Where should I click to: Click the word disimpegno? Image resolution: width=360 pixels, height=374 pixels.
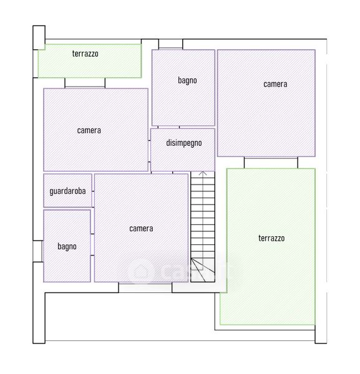(x=184, y=143)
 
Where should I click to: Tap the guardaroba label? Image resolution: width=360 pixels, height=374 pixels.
(x=67, y=191)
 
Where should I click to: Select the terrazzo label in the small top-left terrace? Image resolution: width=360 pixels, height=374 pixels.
(x=85, y=54)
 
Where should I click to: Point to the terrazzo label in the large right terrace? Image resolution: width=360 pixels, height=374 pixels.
(x=271, y=238)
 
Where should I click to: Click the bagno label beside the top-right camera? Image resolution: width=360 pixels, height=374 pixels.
(x=187, y=80)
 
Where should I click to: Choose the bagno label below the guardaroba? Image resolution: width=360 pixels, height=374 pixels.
(x=67, y=246)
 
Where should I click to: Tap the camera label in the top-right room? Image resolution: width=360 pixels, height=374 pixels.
(x=275, y=84)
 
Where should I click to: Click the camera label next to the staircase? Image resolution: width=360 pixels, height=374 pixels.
(x=141, y=229)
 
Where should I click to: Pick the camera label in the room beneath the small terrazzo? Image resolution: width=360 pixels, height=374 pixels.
(x=89, y=130)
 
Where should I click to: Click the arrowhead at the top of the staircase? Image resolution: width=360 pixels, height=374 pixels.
(x=203, y=173)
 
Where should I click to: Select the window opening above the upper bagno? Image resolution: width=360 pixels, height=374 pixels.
(x=171, y=44)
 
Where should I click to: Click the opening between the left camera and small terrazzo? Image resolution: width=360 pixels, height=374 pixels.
(x=85, y=83)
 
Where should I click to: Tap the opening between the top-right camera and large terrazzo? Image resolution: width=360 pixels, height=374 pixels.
(x=271, y=163)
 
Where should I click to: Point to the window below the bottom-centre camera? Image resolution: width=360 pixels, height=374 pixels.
(x=145, y=287)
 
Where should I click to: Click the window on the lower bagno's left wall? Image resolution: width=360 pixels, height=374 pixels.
(x=37, y=251)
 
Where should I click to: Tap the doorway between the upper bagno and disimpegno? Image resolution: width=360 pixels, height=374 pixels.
(x=168, y=127)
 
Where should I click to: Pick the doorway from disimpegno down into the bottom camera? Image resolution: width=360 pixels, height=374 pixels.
(x=162, y=172)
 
